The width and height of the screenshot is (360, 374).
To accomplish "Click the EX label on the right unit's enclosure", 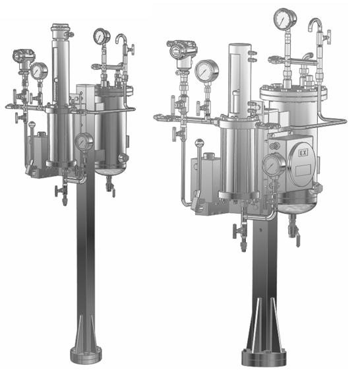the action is click(303, 152).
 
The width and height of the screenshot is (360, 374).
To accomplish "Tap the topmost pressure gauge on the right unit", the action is click(285, 19).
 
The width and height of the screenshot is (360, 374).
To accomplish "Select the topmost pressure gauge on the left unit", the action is click(102, 36).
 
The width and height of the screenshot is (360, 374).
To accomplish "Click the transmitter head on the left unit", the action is click(23, 57).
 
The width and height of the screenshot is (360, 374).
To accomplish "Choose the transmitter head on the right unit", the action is click(182, 49).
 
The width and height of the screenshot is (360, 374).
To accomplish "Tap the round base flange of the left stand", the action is click(86, 356).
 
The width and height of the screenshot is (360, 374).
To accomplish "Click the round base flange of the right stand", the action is click(264, 358).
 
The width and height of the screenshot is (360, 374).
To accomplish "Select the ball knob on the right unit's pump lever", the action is click(199, 143).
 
